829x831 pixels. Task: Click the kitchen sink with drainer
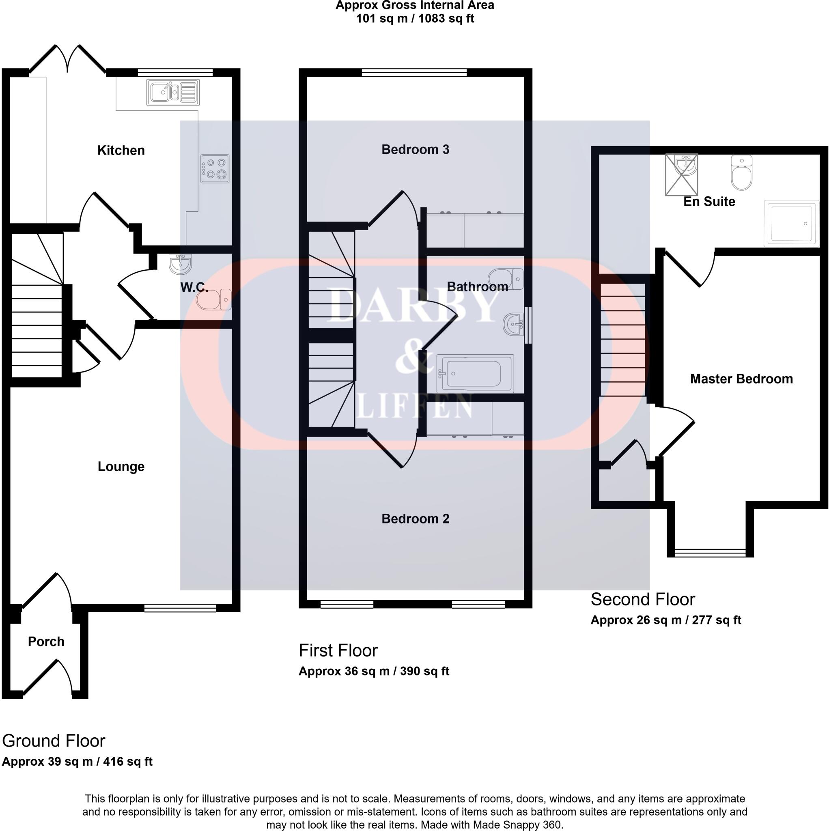(x=173, y=92)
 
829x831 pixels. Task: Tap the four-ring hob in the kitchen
(x=215, y=169)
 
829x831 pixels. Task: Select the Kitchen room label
(x=121, y=151)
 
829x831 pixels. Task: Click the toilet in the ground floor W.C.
(x=213, y=299)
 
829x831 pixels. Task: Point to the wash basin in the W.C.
(x=180, y=264)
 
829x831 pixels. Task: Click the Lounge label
(x=121, y=467)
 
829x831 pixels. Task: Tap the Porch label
(x=46, y=642)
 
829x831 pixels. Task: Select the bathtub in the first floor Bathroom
(x=475, y=373)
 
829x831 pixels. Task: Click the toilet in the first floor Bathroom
(x=506, y=279)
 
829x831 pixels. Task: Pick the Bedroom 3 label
(x=415, y=150)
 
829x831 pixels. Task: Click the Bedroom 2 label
(x=415, y=519)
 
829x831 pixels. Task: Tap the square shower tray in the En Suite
(x=791, y=224)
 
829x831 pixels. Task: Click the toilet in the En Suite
(x=742, y=173)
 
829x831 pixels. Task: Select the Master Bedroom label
(x=741, y=379)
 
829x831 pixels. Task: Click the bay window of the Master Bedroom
(x=710, y=553)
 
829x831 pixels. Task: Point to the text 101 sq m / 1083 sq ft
(x=415, y=19)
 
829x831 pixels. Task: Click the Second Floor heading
(x=643, y=600)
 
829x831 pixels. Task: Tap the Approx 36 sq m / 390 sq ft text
(x=374, y=672)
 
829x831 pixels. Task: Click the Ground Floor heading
(x=54, y=741)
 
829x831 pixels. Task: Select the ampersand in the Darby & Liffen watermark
(x=414, y=361)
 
